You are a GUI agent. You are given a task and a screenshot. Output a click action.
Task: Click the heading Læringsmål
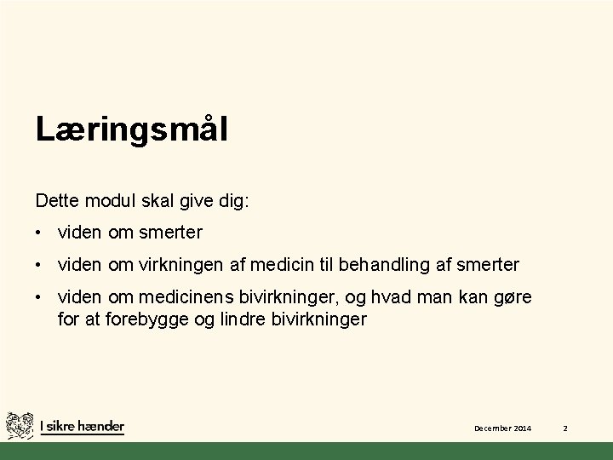pos(131,130)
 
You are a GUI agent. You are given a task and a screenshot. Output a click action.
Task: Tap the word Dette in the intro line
pos(56,201)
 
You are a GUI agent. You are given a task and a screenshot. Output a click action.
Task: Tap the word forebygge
pos(144,319)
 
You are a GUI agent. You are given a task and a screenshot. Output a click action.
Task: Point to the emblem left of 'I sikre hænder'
pos(20,427)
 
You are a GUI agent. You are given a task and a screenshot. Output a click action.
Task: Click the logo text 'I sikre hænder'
pos(83,427)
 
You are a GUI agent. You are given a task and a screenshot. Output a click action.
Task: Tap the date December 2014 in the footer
pos(502,428)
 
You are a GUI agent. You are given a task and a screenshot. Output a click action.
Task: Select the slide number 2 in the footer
pos(564,428)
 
